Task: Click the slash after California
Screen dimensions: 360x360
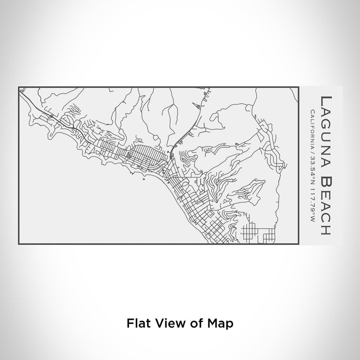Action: coord(312,147)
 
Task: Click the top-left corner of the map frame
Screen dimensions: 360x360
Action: coord(19,87)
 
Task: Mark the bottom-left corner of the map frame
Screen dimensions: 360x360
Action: coord(19,244)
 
